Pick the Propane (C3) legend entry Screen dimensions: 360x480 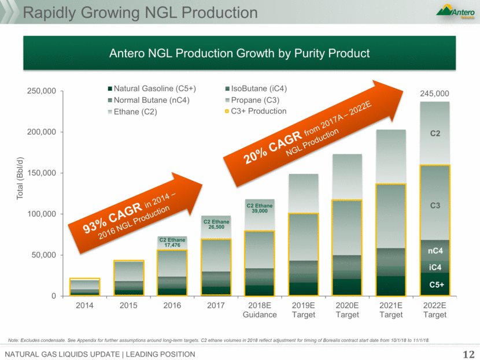(255, 100)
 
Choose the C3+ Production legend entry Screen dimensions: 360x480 (258, 111)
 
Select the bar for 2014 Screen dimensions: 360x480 (85, 287)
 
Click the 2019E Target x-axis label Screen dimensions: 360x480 (304, 310)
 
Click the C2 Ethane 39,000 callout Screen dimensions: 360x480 (258, 208)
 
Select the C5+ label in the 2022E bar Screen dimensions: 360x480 (435, 285)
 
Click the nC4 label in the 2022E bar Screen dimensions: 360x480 (435, 251)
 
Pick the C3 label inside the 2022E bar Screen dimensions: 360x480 (435, 205)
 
